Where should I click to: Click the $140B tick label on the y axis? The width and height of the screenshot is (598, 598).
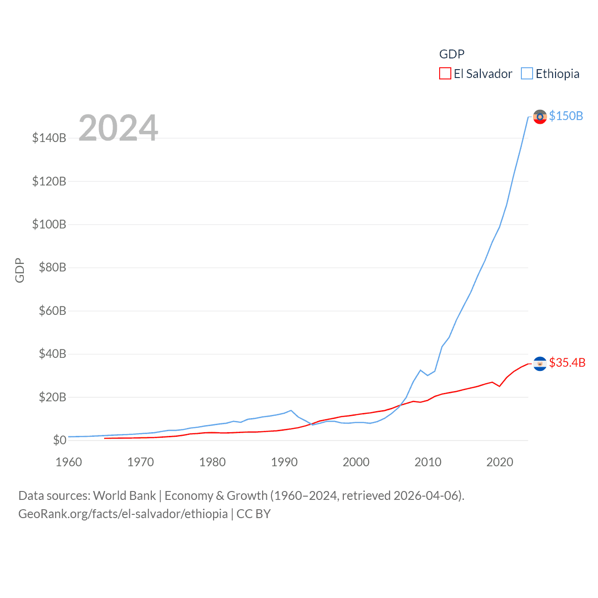coord(49,138)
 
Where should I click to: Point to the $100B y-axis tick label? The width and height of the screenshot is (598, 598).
coord(49,224)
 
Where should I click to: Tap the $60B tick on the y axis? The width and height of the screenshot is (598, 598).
coord(52,311)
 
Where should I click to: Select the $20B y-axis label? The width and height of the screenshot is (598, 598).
coord(52,397)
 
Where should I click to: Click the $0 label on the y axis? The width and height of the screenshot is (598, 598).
coord(59,440)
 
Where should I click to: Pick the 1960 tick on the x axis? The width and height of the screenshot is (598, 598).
coord(69,462)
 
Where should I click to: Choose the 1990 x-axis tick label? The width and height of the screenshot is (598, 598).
coord(284,462)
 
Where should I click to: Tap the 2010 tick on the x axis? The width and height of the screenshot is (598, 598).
coord(428,462)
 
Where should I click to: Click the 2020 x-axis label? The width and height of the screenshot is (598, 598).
coord(500,462)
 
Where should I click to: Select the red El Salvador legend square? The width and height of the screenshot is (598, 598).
coord(445,74)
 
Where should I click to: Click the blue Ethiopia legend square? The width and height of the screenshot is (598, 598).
coord(527,74)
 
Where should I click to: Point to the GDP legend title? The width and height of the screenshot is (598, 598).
coord(452,54)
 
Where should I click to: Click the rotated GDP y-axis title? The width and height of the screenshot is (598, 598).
coord(20,270)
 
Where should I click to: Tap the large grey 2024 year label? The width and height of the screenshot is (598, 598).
coord(118,128)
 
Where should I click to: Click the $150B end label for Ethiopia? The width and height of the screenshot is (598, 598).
coord(566,116)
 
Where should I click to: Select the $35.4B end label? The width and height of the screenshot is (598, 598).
coord(567,363)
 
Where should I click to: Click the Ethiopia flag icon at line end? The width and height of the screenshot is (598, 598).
coord(540,116)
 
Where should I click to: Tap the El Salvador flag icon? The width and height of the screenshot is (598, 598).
coord(540,363)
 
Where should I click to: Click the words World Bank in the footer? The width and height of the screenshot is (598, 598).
coord(124,495)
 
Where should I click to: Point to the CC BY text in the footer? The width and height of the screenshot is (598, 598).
coord(254,514)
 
